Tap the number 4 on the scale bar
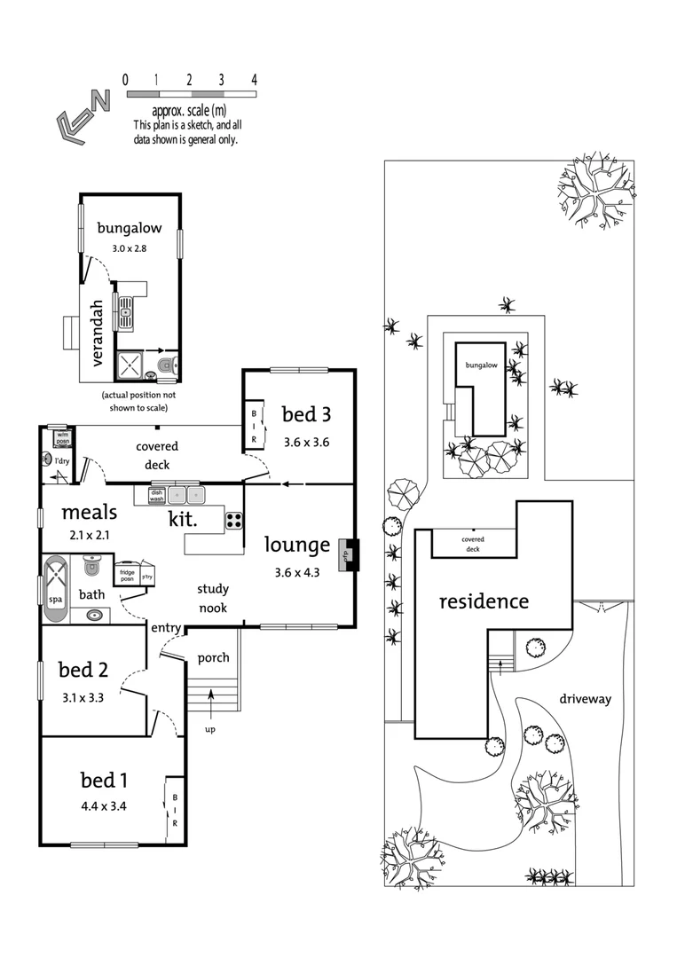254,79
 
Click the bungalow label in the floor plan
130,228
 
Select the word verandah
98,334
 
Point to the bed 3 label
306,413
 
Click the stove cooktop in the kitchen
234,520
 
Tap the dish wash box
155,496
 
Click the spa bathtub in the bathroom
56,586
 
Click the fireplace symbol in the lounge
348,554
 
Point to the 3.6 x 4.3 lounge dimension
297,572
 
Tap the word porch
213,657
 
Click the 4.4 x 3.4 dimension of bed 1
104,806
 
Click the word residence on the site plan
484,601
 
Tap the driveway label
585,699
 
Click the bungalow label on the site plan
478,365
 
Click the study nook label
212,597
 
